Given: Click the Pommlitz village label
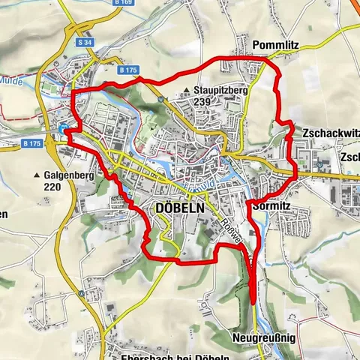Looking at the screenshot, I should [x=276, y=45].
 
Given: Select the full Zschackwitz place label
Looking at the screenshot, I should [x=328, y=132].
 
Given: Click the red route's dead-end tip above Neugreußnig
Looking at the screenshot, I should [x=253, y=300].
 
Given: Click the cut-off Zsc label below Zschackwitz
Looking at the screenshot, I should [x=351, y=157].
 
